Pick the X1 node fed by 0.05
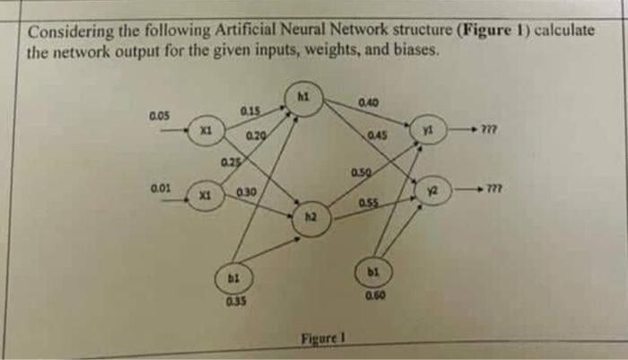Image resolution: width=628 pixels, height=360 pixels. [206, 133]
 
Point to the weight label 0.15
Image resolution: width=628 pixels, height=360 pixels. [251, 110]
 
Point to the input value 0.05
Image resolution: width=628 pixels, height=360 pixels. [160, 116]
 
